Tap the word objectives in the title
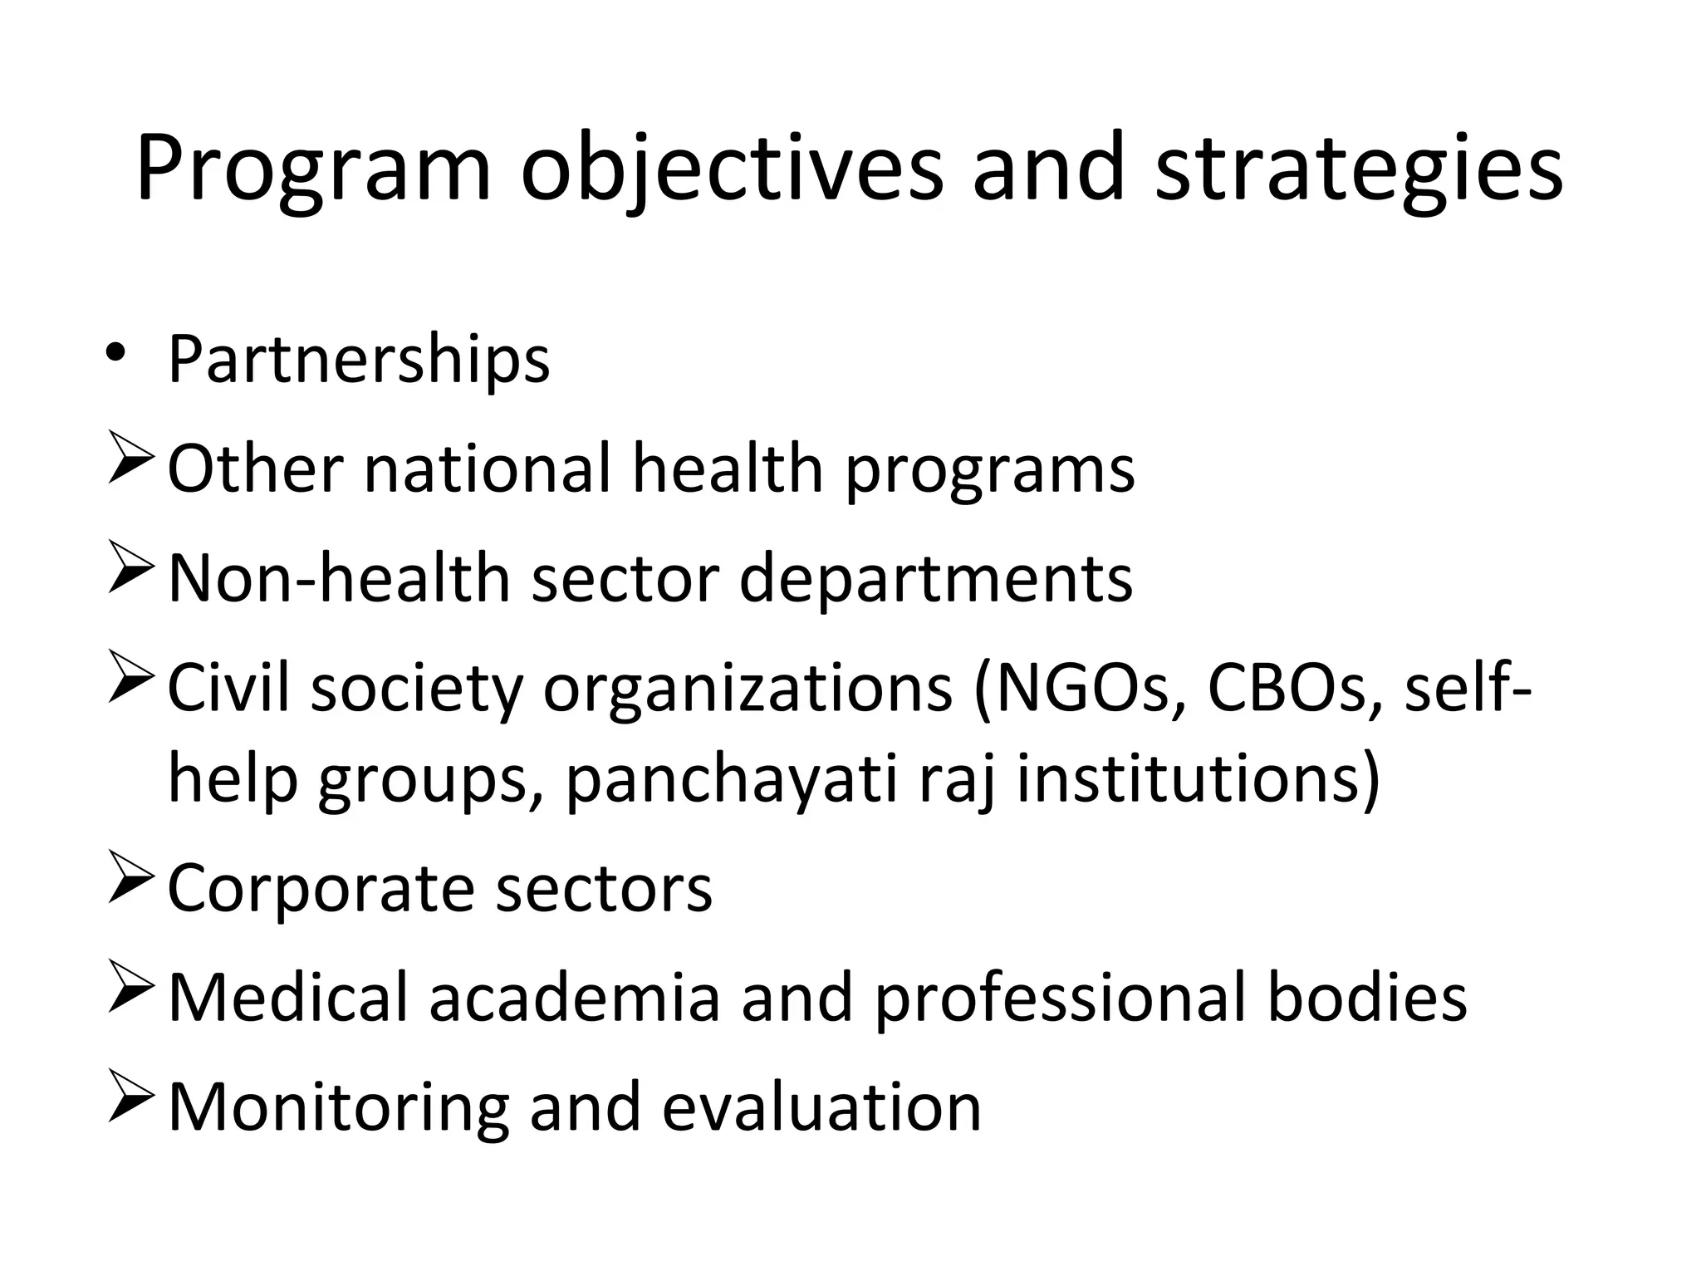(731, 170)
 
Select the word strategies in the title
(1359, 170)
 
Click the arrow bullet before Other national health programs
(130, 465)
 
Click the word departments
(935, 580)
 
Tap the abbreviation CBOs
(1286, 689)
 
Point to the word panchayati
(732, 780)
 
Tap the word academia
(574, 997)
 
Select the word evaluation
(821, 1107)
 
